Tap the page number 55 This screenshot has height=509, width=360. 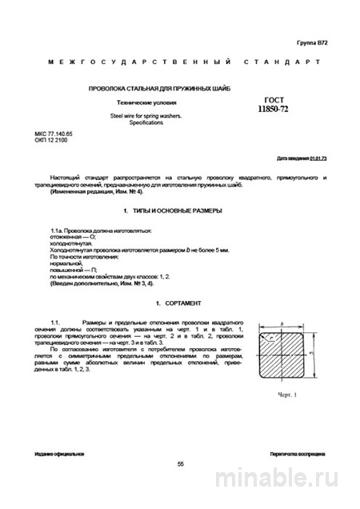click(181, 463)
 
